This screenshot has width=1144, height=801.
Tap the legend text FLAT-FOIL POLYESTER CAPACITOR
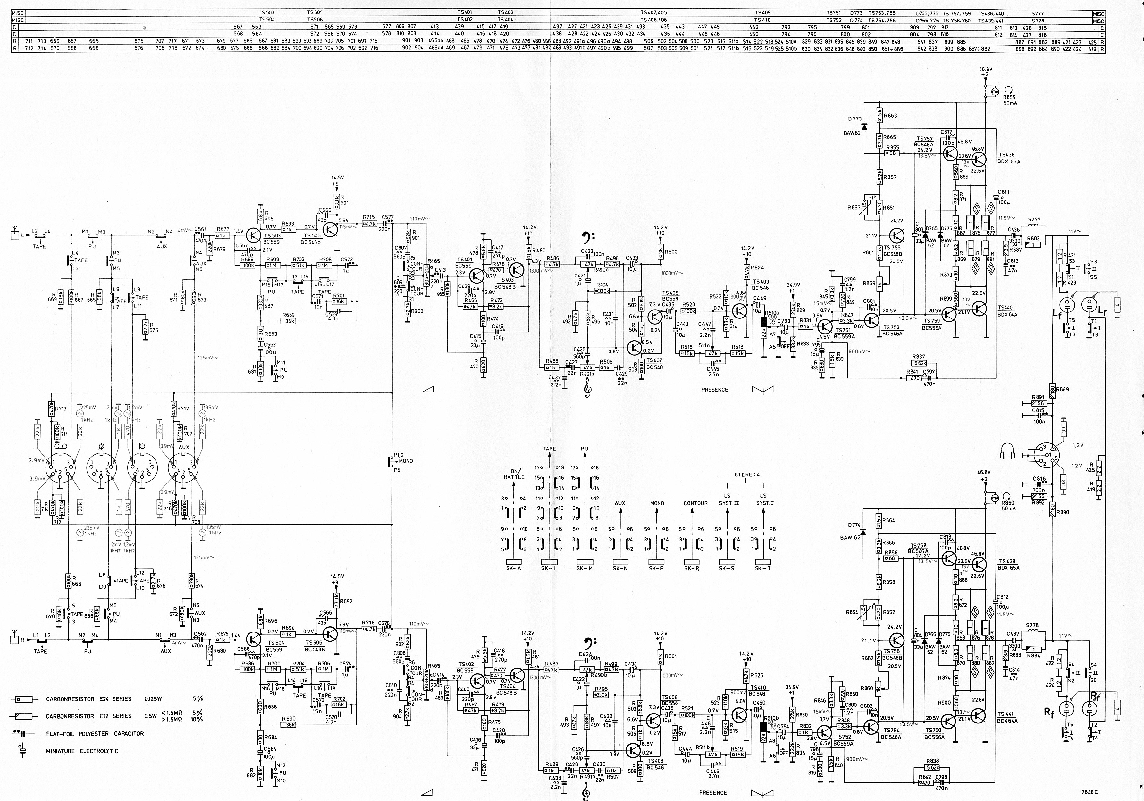point(95,734)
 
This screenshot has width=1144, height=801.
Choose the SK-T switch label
point(762,568)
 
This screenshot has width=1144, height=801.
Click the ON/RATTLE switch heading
point(514,474)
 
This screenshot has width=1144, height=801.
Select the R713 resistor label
point(61,409)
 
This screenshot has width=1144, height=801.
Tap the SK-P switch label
point(656,568)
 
